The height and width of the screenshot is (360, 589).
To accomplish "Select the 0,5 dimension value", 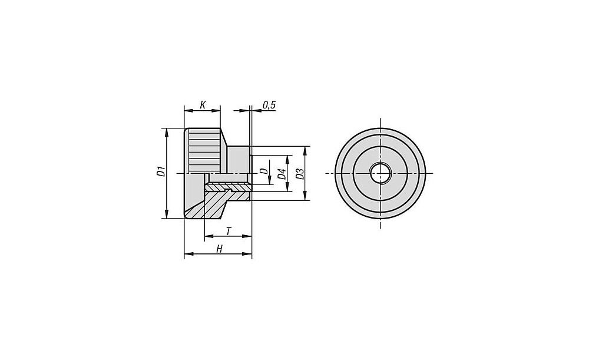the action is pos(269,105).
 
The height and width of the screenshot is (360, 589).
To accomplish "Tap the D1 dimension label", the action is pos(161,171).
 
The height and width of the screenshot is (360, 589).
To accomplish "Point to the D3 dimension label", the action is pos(299,174).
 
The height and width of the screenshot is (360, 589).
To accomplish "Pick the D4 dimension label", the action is pos(282,174).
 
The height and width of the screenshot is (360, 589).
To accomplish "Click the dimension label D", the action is pos(264,171).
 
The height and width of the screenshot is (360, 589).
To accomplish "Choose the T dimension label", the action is pos(229,231).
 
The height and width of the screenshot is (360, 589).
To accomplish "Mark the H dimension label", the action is pos(219,249).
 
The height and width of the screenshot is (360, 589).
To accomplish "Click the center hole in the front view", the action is pos(380,173).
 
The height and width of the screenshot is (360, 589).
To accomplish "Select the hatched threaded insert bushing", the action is pos(227,187).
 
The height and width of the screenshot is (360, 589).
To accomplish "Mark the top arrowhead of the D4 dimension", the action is pos(288,160).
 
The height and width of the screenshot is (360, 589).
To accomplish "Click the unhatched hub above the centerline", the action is pos(238,160).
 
